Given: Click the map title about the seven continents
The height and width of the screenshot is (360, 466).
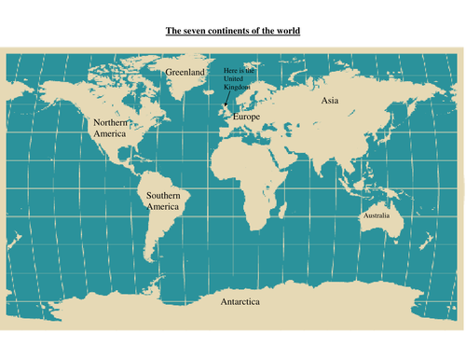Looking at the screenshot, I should (233, 31).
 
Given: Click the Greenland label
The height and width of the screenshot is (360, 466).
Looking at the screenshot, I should (185, 71).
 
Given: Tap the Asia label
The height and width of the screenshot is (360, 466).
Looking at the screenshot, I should (330, 100).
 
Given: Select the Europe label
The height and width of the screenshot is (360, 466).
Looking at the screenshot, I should (246, 117).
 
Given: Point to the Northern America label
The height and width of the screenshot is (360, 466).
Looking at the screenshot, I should (110, 128).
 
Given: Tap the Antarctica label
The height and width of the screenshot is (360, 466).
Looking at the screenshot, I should (240, 303).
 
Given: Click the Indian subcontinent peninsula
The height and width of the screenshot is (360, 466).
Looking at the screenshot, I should (323, 160).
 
